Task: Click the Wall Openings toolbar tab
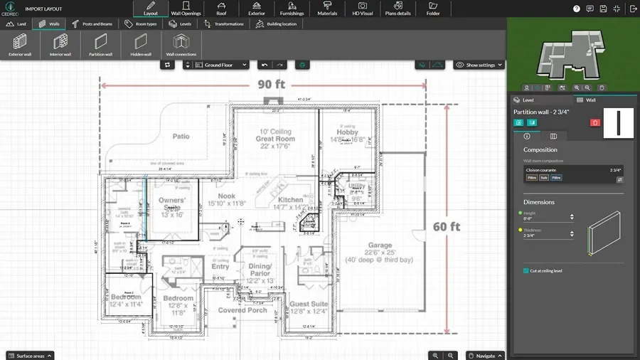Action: (x=186, y=9)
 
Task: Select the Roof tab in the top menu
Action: (x=221, y=9)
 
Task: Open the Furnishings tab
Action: (x=292, y=9)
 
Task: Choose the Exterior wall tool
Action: (x=20, y=45)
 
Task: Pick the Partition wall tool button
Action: (x=100, y=45)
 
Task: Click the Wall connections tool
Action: (x=181, y=45)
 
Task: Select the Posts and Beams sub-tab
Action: (x=94, y=23)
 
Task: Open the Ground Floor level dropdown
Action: (x=216, y=65)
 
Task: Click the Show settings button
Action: (x=479, y=65)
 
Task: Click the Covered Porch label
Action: (x=242, y=310)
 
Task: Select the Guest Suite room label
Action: (x=309, y=304)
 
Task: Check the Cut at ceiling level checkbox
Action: (x=526, y=270)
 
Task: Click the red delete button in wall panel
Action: (x=595, y=122)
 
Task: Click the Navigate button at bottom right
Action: (x=484, y=355)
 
